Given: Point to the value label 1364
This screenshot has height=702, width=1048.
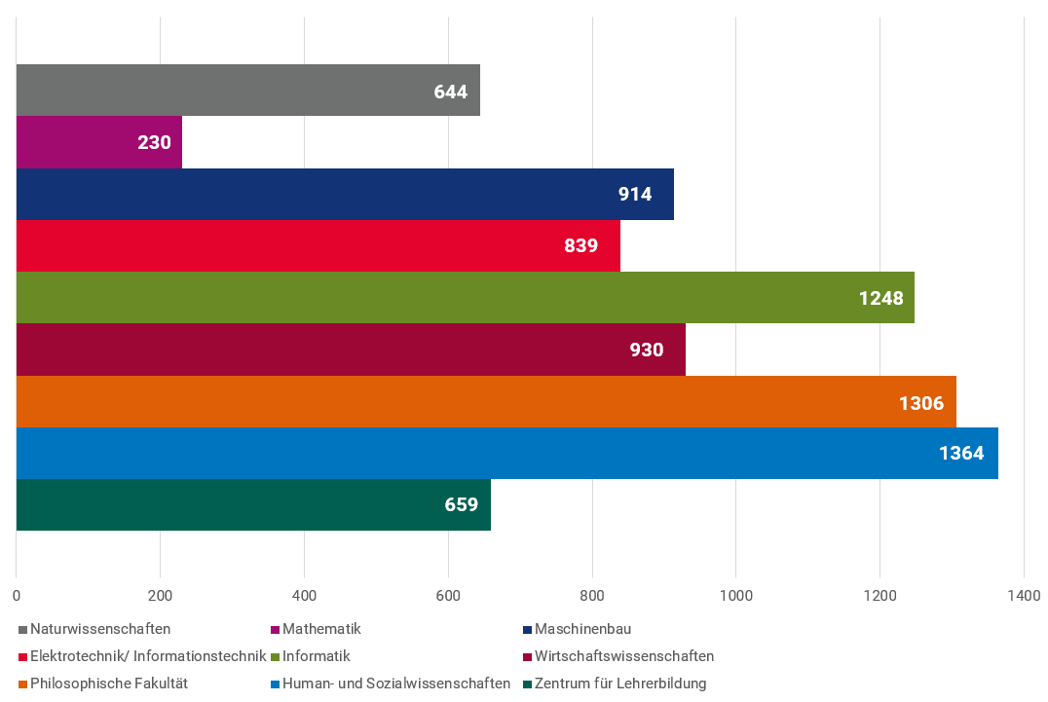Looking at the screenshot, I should (961, 453).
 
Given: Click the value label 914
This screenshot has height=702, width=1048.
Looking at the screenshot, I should (635, 194).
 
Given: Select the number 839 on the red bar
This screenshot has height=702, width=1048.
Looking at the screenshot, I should (580, 245).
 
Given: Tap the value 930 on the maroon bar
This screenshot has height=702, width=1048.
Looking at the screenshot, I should (647, 350).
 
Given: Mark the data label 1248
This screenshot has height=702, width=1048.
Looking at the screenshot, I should (880, 298).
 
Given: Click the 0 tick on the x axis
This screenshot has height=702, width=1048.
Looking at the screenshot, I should (17, 595).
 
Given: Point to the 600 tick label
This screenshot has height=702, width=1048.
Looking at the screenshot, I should (448, 595).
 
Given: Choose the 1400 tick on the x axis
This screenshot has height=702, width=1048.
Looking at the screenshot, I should (1024, 595).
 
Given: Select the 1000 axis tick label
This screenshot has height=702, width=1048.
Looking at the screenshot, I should (735, 595).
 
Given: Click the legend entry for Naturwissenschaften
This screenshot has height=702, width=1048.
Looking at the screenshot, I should (100, 629).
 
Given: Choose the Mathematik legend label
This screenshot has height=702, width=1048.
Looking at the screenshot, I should (321, 629).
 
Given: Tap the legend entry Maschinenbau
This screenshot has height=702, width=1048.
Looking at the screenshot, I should (582, 629).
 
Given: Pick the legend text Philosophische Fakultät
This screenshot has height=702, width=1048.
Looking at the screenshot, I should (109, 684).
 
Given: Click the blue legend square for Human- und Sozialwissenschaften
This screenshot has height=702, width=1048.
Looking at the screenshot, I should (276, 684).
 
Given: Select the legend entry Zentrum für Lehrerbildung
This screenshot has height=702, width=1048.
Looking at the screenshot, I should (620, 684).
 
